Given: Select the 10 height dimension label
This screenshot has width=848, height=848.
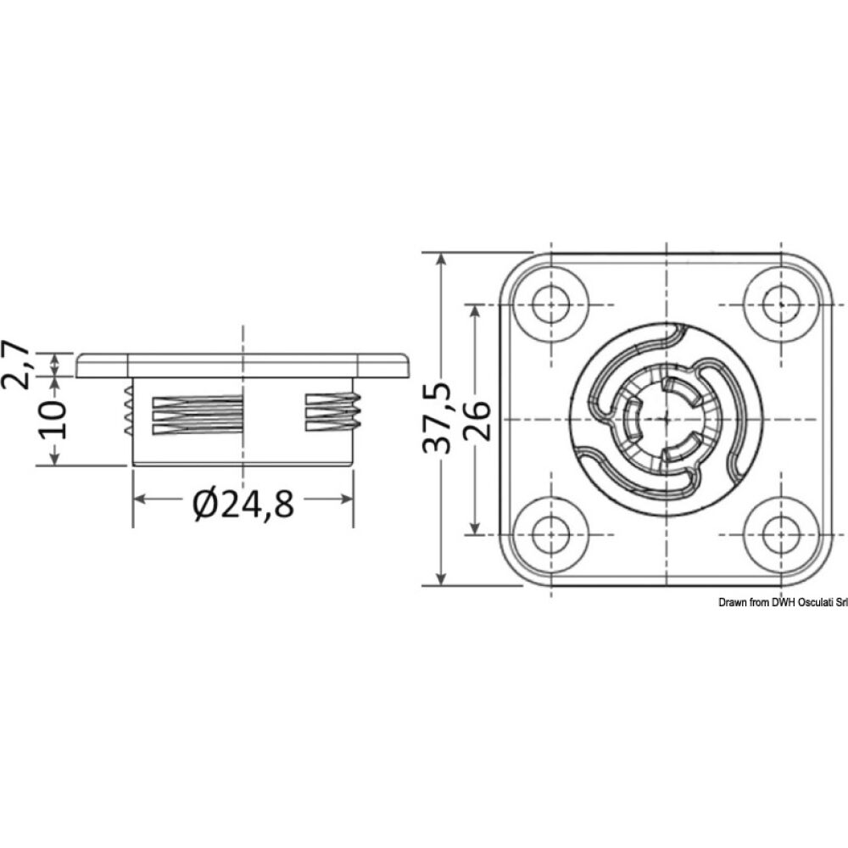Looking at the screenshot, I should [x=53, y=419].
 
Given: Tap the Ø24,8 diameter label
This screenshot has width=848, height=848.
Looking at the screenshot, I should [x=243, y=505].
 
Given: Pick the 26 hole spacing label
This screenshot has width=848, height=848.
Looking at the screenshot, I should [x=477, y=419].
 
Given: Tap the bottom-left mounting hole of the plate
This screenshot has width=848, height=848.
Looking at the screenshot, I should [x=552, y=534].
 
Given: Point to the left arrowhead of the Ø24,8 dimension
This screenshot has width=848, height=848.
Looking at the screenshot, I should [x=139, y=500].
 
